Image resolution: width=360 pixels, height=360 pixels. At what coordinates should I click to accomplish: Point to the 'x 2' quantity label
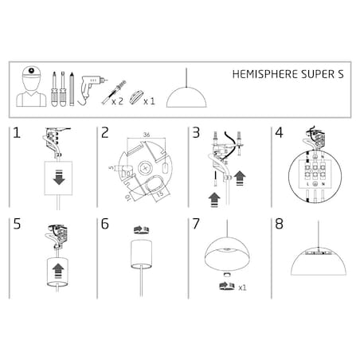click(117, 101)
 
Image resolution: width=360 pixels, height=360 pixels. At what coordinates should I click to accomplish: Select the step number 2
click(104, 135)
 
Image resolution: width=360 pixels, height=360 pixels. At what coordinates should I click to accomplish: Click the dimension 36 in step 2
click(147, 134)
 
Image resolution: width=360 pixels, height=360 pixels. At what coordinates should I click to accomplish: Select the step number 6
click(104, 224)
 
